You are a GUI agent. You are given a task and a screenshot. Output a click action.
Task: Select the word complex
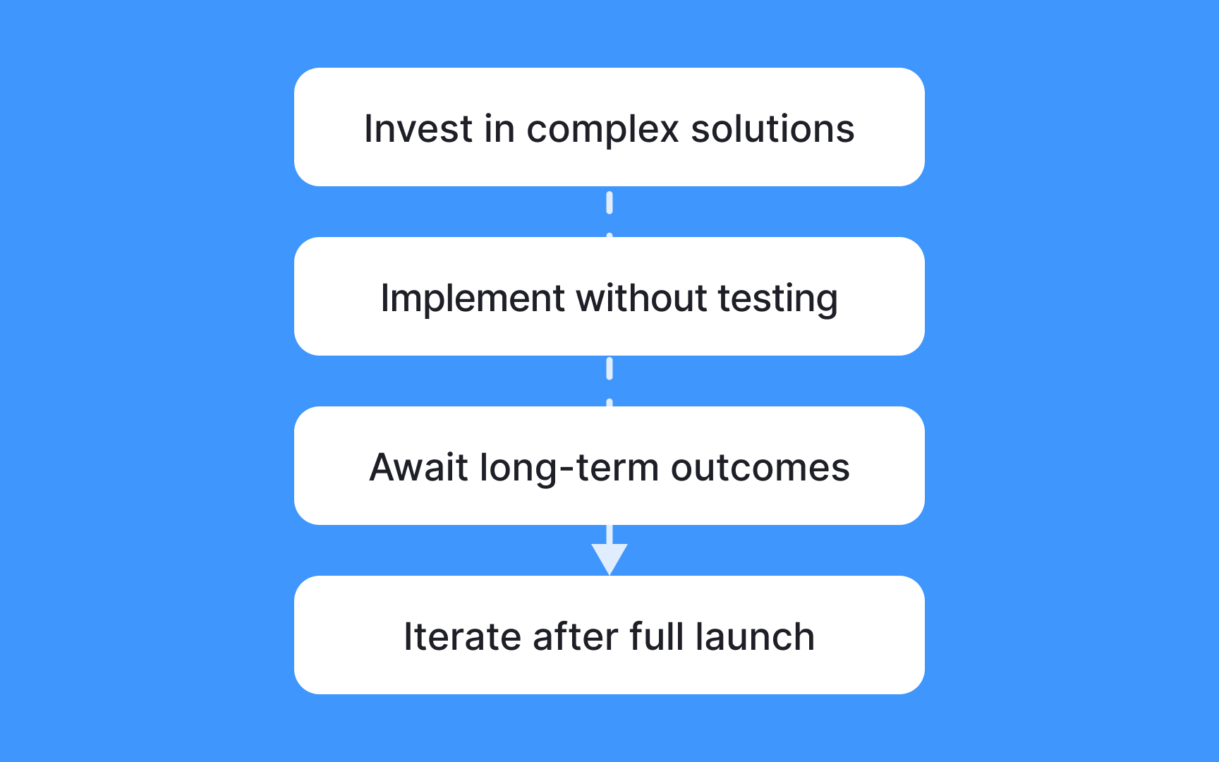pos(602,131)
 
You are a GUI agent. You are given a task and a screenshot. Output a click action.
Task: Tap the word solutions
pos(772,129)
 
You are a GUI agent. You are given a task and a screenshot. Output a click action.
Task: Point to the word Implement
pos(472,299)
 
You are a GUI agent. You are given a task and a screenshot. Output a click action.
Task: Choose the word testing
pos(778,299)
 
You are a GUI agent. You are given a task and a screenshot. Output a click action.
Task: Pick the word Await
pos(418,468)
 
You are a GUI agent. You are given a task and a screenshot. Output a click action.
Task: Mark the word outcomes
pos(760,468)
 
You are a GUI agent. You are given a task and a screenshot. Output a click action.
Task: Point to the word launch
pos(755,637)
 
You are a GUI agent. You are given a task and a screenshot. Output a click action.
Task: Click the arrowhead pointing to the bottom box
pos(609,557)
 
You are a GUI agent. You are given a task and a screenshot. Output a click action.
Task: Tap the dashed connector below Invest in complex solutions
pos(609,212)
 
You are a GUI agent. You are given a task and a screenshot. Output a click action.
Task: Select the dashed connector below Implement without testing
pos(609,380)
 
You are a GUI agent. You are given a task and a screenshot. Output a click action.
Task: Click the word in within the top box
pos(499,129)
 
